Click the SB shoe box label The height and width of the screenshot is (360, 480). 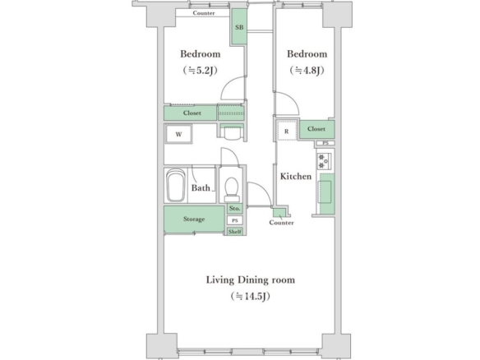tap(239, 27)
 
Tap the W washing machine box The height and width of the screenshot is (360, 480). tap(179, 134)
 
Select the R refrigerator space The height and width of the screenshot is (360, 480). tap(287, 131)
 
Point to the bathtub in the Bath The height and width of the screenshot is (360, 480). tap(176, 186)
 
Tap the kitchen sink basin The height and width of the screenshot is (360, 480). tap(325, 192)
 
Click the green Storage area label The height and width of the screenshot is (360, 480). tap(194, 219)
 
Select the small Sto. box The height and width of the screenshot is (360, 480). tap(235, 209)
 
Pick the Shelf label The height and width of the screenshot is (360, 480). tap(235, 232)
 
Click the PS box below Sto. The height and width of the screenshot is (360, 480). tap(235, 220)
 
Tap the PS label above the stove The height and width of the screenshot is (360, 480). tap(325, 143)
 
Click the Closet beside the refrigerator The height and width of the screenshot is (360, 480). tap(316, 129)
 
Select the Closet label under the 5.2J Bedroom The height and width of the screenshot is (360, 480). tap(192, 113)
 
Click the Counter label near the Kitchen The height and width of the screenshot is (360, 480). tap(281, 223)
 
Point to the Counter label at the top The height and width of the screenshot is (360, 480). tap(204, 13)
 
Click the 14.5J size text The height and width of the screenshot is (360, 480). tap(251, 297)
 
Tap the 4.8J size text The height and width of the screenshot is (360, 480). tap(307, 71)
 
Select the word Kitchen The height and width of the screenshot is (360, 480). tap(296, 177)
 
